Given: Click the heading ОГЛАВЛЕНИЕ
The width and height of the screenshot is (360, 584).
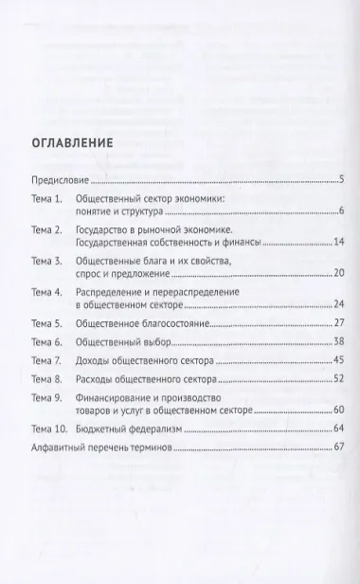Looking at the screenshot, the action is click(71, 144).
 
